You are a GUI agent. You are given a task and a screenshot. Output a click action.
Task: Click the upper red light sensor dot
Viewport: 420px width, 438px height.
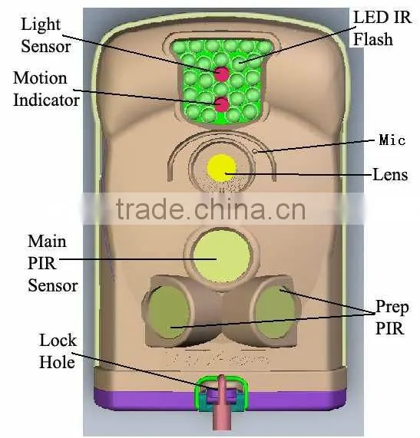click(x=223, y=74)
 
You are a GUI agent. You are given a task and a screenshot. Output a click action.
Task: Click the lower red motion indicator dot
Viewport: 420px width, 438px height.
click(x=223, y=104)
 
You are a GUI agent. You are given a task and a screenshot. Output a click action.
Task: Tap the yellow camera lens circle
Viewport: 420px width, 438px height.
click(x=221, y=168)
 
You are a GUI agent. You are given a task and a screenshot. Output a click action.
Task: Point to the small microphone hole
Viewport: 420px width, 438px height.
click(x=255, y=151)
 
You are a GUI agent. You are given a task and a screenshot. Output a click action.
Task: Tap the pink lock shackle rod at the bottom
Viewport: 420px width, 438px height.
click(x=222, y=402)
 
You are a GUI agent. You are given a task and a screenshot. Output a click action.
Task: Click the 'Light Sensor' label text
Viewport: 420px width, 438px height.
click(x=46, y=35)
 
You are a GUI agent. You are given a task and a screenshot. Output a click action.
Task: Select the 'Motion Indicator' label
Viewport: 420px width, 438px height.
click(x=46, y=89)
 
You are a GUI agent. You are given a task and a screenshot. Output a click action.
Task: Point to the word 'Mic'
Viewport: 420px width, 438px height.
click(x=392, y=140)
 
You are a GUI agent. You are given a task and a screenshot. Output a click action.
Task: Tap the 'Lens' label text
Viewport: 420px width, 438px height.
click(x=390, y=175)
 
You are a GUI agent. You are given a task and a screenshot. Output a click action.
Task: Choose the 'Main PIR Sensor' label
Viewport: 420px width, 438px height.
click(x=52, y=263)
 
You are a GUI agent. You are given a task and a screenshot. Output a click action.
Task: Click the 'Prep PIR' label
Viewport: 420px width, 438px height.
click(x=392, y=318)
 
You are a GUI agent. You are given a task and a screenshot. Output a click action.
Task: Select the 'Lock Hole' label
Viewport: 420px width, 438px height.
click(x=58, y=351)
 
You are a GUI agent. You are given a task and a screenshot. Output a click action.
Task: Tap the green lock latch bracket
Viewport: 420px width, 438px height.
click(x=222, y=394)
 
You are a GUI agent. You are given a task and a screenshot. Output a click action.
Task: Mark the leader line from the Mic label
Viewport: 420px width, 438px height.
click(x=316, y=146)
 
